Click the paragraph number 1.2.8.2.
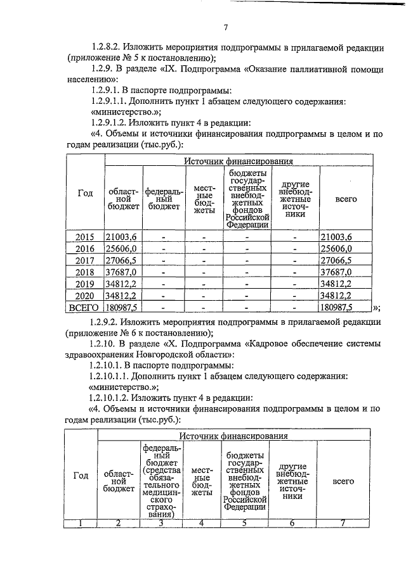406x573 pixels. (107, 46)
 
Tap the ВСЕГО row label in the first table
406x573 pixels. (84, 307)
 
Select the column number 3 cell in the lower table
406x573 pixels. (162, 523)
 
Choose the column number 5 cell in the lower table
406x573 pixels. (244, 523)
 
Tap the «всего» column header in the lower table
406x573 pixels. (343, 482)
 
